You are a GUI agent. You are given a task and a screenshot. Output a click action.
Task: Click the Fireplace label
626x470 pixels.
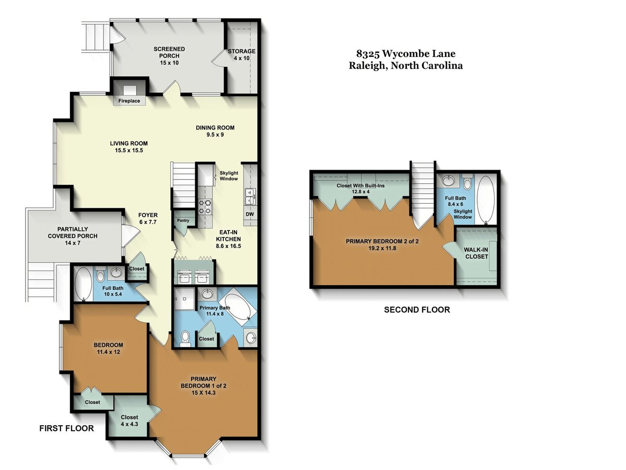[129, 101]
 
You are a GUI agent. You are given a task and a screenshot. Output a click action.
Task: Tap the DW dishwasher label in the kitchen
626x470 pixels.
[250, 214]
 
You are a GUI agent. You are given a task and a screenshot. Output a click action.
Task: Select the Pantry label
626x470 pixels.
[183, 220]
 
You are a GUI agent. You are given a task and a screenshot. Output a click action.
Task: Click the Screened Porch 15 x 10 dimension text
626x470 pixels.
[169, 63]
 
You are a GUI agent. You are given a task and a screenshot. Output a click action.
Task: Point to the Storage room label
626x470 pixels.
[242, 51]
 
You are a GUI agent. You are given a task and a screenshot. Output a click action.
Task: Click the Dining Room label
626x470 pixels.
[215, 127]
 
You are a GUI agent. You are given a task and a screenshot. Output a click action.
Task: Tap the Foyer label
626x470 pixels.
[148, 215]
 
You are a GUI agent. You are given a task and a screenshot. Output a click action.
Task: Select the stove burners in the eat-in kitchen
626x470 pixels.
[206, 207]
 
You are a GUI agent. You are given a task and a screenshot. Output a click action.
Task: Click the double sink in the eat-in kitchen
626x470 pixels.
[250, 196]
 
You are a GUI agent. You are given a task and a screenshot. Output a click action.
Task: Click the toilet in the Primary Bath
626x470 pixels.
[185, 339]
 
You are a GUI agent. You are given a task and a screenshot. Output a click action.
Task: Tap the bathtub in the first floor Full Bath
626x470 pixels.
[83, 284]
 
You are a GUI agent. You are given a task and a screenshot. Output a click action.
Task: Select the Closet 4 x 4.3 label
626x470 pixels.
[129, 420]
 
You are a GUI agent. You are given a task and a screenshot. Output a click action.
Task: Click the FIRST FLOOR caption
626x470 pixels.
[66, 428]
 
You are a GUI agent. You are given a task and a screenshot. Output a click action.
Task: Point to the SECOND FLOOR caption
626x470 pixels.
[417, 310]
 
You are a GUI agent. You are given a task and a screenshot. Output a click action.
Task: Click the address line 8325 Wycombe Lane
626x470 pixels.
[406, 53]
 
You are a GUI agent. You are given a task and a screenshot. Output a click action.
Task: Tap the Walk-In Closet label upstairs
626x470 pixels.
[476, 253]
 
